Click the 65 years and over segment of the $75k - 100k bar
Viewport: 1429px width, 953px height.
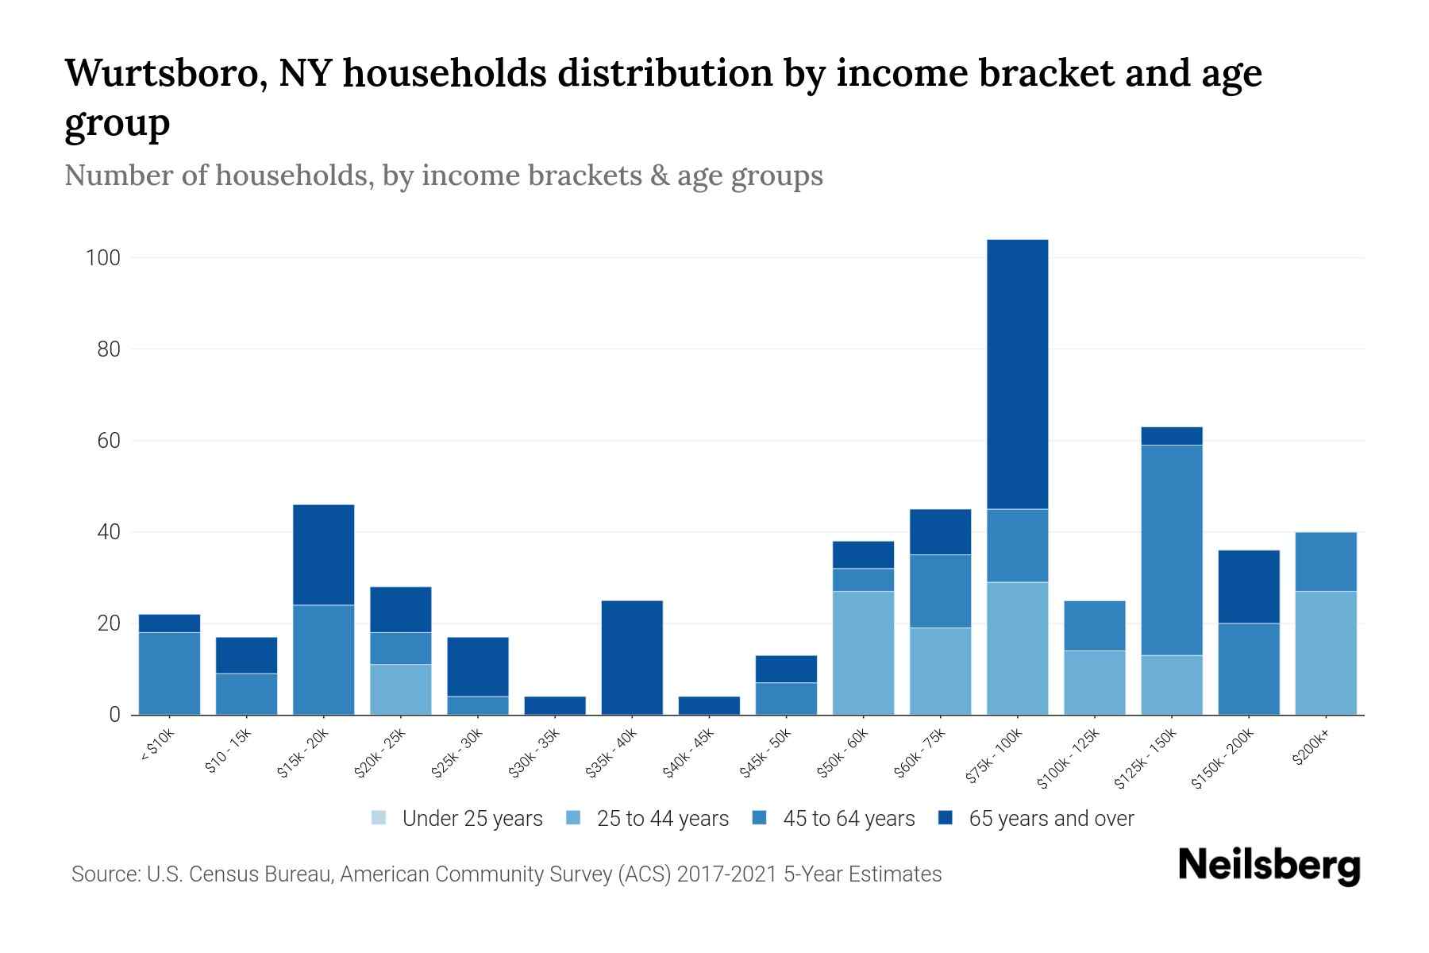[x=1017, y=373]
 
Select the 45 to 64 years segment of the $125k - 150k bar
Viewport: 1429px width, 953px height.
[x=1171, y=550]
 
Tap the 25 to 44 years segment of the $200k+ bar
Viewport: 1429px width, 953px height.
[x=1325, y=653]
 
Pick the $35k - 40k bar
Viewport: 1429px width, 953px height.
[x=632, y=658]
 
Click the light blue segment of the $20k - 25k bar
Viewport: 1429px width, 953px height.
[x=400, y=689]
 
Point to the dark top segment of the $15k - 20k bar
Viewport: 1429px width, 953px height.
[x=323, y=554]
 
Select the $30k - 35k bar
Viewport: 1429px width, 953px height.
[x=555, y=705]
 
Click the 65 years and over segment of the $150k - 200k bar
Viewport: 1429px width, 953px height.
[x=1248, y=586]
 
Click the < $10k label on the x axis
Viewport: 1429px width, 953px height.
[x=157, y=747]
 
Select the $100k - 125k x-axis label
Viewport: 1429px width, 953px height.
[x=1069, y=758]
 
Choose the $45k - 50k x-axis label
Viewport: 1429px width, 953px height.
[x=766, y=753]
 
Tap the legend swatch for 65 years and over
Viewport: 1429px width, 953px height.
[x=946, y=818]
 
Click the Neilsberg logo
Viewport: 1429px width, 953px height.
[x=1269, y=866]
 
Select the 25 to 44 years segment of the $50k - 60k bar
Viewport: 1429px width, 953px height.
[x=863, y=653]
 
